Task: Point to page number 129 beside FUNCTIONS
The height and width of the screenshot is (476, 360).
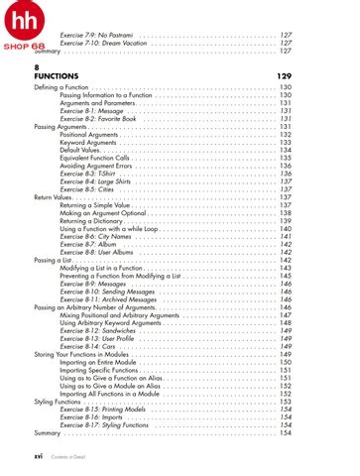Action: [284, 75]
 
